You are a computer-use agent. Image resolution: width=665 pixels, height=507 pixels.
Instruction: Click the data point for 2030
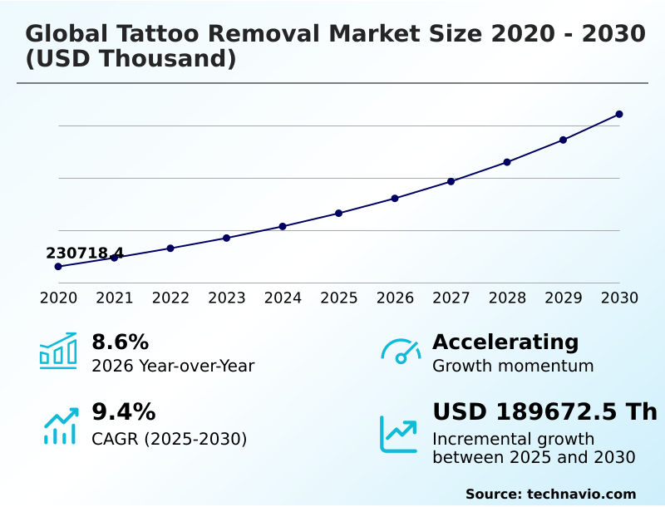(x=619, y=114)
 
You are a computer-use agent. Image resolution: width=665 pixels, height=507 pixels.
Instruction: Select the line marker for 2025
(x=339, y=214)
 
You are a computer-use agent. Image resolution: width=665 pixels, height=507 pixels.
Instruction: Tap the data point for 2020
(x=58, y=267)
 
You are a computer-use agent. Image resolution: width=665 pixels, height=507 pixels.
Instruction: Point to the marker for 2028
(x=507, y=162)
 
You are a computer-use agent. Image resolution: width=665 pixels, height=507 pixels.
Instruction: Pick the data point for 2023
(x=227, y=238)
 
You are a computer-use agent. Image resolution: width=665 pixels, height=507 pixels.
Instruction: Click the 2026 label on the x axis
(x=395, y=298)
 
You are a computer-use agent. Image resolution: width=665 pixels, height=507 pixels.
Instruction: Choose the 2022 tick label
(x=170, y=298)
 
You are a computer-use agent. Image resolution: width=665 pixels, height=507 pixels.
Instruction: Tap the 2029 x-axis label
(x=564, y=298)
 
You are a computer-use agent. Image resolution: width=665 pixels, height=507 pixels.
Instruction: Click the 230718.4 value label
(x=85, y=253)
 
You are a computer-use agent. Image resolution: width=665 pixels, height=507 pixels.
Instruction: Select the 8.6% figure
(x=120, y=342)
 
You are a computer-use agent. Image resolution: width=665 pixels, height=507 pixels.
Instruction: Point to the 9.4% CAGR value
(x=123, y=411)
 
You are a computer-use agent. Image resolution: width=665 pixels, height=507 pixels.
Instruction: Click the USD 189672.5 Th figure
(x=544, y=411)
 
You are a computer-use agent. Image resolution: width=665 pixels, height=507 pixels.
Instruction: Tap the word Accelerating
(x=505, y=342)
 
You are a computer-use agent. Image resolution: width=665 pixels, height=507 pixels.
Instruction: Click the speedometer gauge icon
(x=401, y=352)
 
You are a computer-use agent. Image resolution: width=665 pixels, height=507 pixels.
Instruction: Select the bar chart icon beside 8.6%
(x=58, y=352)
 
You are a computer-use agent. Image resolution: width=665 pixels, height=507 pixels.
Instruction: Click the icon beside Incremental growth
(x=399, y=434)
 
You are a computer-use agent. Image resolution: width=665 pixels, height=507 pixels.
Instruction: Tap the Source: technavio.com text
(x=550, y=494)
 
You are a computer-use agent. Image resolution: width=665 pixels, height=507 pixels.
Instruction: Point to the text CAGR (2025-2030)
(x=169, y=439)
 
